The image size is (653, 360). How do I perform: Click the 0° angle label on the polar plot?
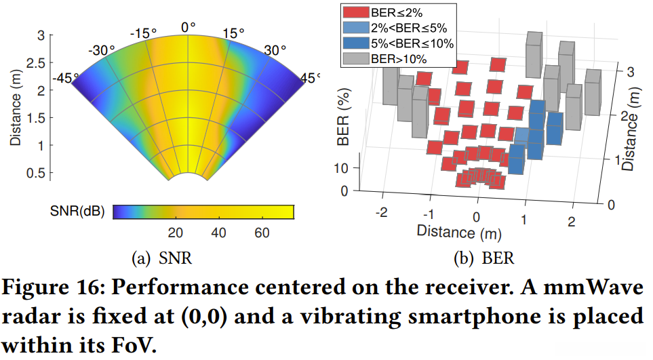pos(188,26)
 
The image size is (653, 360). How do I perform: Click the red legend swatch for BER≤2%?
pos(355,13)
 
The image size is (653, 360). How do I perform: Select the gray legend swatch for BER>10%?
pos(355,59)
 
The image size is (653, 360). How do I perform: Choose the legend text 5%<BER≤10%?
pos(413,43)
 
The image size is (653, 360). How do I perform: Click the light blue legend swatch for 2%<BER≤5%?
pos(355,28)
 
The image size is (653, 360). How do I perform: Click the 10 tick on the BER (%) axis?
pos(344,167)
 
